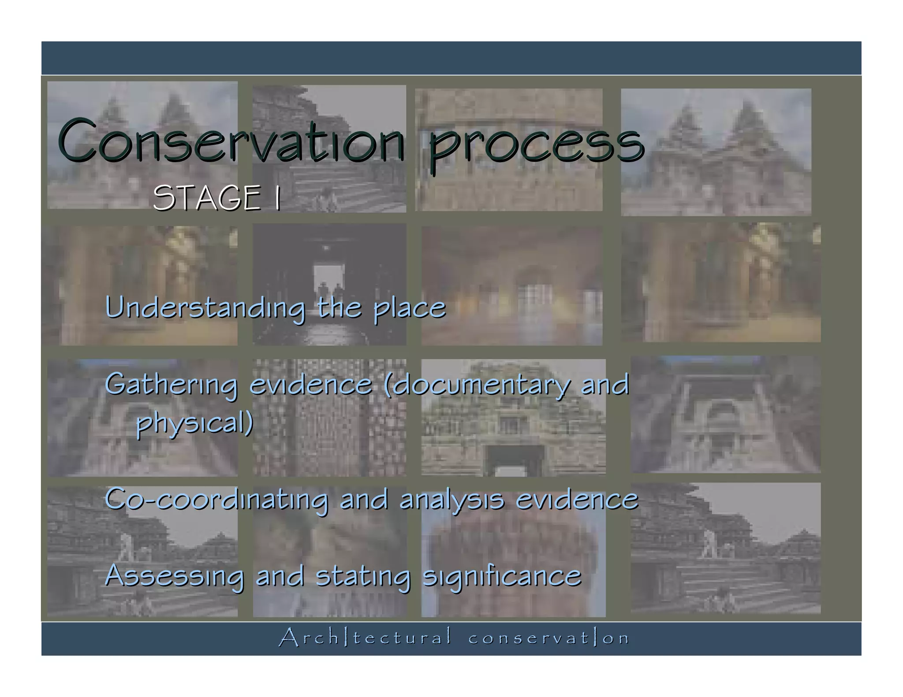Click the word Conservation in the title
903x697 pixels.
click(231, 140)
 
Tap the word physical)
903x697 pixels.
click(194, 423)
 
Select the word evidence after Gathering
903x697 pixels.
click(311, 384)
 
